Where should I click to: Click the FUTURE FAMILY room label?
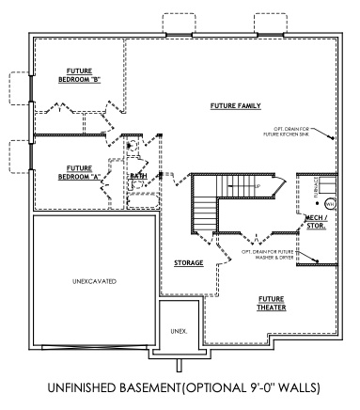click(235, 105)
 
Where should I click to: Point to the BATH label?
click(137, 176)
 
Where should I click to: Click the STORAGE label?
click(189, 263)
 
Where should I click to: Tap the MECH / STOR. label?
click(317, 222)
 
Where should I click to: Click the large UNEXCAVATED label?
click(92, 280)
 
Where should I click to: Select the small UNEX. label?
click(179, 331)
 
